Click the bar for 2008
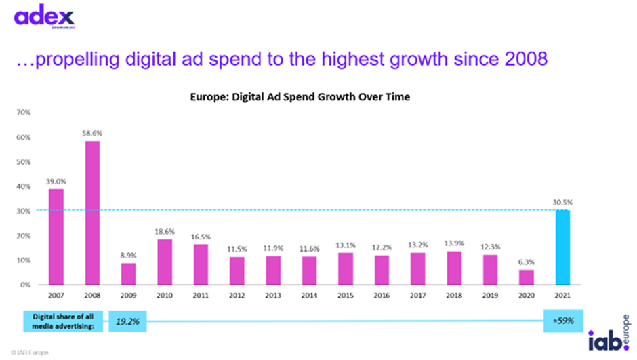[92, 213]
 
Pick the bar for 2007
[55, 237]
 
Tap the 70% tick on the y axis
[23, 113]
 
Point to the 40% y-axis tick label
[23, 186]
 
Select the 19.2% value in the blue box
[129, 321]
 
